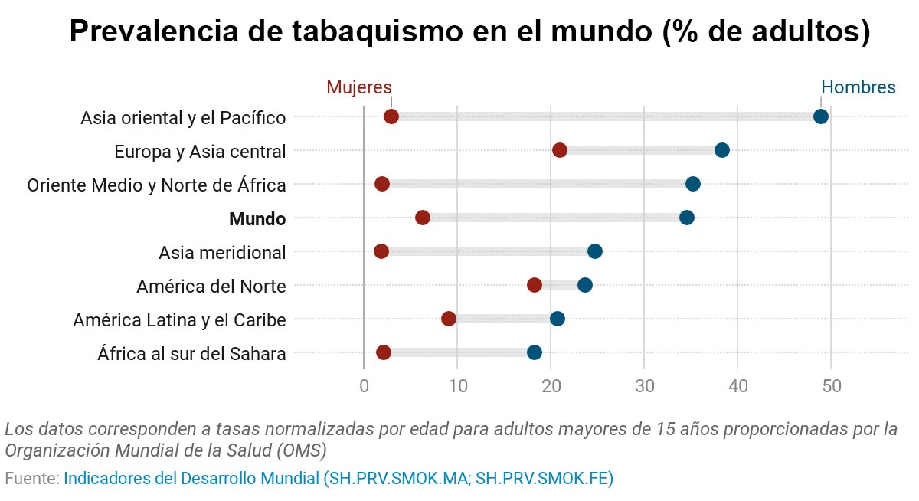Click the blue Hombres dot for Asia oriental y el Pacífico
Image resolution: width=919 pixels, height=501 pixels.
coord(821,116)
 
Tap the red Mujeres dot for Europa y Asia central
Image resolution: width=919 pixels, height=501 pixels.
coord(560,150)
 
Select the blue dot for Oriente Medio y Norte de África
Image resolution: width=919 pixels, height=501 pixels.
coord(693,184)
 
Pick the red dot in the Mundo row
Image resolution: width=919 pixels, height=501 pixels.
coord(423,218)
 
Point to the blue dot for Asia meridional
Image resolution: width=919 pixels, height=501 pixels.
coord(595,251)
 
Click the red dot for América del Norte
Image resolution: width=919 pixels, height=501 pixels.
coord(535,285)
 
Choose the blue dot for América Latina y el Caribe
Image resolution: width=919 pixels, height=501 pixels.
coord(558,319)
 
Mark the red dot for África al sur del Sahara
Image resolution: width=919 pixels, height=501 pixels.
coord(384,352)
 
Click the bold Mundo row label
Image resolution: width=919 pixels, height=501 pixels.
coord(257,219)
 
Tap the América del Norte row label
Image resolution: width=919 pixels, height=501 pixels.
coord(211,287)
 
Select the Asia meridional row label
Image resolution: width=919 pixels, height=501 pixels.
coord(222,253)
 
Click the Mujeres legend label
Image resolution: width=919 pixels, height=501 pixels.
coord(359,87)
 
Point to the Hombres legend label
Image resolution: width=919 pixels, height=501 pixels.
coord(858,87)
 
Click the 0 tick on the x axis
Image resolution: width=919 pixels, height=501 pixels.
coord(364,386)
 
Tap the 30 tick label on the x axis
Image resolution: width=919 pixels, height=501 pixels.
coord(644,386)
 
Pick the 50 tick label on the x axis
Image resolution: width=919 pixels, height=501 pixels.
coord(831,386)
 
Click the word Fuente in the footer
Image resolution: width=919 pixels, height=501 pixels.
coord(31,479)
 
